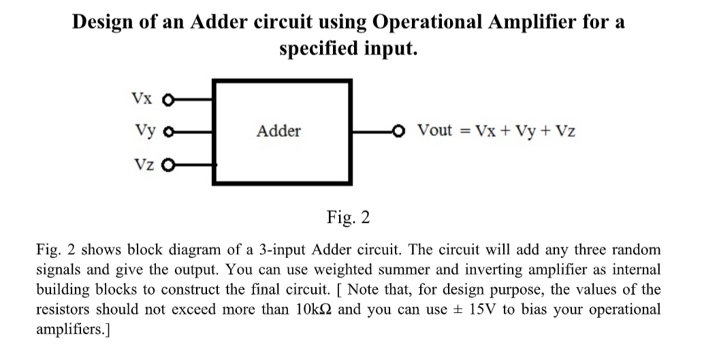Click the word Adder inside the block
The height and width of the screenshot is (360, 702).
pos(278,131)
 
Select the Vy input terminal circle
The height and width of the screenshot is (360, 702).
pos(164,131)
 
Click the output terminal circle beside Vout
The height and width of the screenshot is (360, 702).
pos(403,130)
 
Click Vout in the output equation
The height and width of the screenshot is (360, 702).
pos(434,130)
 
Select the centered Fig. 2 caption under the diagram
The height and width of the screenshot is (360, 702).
pos(348,218)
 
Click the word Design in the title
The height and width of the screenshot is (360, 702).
pos(102,22)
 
